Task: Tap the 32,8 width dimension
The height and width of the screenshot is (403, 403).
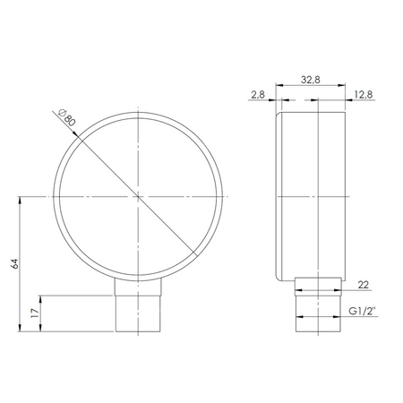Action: tap(312, 79)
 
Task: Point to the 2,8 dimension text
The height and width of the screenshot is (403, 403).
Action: tap(258, 93)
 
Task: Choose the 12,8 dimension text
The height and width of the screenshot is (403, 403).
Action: tap(364, 93)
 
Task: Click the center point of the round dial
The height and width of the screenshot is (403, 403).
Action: tap(140, 196)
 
